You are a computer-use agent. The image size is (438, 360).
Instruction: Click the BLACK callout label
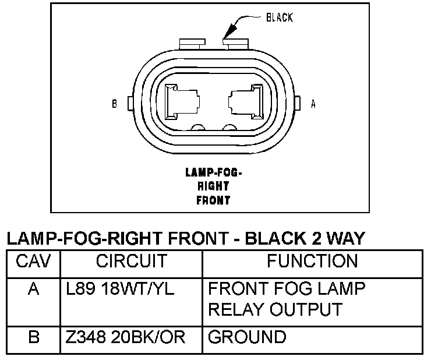280,17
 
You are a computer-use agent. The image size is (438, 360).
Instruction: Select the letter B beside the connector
114,104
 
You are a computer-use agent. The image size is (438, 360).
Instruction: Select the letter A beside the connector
313,104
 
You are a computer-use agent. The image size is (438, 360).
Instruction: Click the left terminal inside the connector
182,102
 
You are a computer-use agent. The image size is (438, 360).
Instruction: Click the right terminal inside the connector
246,102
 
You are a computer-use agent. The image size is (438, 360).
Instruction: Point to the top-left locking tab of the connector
192,44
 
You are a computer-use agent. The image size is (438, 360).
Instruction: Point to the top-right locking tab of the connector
235,44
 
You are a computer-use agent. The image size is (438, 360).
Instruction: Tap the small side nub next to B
130,103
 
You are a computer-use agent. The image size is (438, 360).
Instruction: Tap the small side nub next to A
297,103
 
